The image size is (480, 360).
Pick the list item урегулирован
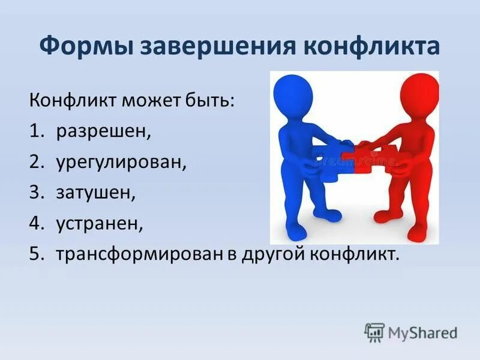121,161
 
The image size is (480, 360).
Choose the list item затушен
96,193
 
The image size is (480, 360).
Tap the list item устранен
100,224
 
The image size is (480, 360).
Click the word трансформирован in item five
140,255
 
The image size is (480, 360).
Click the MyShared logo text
422,332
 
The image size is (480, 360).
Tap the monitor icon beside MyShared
374,332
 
